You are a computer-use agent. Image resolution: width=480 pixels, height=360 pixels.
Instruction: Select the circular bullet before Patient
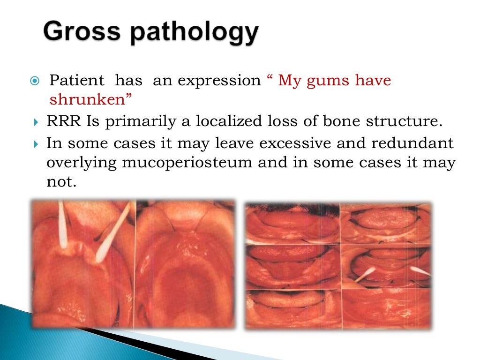(x=34, y=81)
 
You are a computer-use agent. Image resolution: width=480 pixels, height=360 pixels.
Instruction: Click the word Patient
(x=75, y=81)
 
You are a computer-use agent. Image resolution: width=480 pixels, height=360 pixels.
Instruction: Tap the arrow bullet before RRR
(x=37, y=122)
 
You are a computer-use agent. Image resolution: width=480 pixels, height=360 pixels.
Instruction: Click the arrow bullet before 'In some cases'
(x=37, y=143)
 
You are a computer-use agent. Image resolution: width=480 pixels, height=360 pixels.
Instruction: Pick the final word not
(x=60, y=182)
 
